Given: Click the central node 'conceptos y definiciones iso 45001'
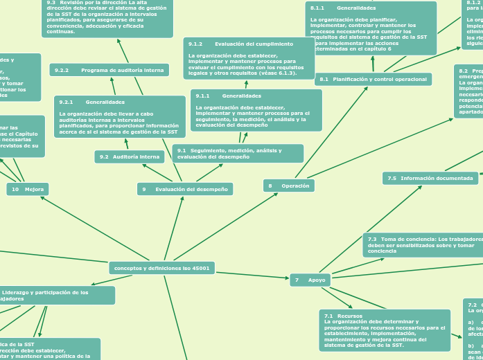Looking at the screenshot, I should [x=161, y=268].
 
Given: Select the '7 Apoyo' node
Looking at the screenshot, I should [x=310, y=280].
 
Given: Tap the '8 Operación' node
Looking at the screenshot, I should [x=289, y=186].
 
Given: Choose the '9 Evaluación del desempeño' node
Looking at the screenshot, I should [x=184, y=189].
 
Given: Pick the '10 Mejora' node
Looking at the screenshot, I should [x=28, y=189].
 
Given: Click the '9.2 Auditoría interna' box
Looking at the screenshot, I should [x=130, y=157].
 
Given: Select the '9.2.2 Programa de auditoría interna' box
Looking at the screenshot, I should [x=109, y=70].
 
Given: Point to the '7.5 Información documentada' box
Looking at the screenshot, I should [x=430, y=179].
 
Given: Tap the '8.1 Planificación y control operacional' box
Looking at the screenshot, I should [x=373, y=80].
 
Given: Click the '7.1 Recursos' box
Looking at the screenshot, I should [x=385, y=330].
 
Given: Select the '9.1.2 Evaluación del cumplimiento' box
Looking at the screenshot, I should [x=249, y=58].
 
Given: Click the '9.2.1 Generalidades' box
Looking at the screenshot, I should [x=119, y=116].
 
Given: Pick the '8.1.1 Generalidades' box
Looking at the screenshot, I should [x=371, y=28].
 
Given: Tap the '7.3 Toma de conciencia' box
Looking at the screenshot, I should [x=421, y=245].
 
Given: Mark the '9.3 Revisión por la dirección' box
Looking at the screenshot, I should [x=107, y=18].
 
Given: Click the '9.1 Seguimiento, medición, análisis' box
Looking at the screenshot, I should [x=238, y=154].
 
